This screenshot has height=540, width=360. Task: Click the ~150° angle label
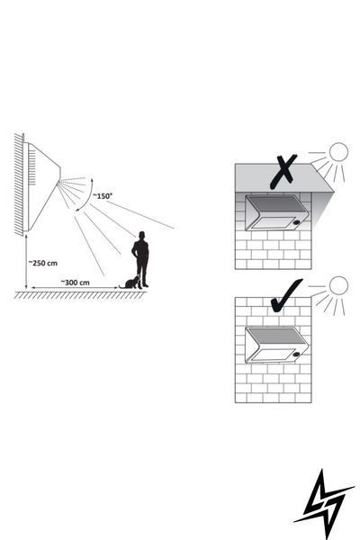[x=103, y=196]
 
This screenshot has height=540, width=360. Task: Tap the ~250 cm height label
[x=43, y=263]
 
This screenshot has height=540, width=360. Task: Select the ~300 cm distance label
[x=75, y=283]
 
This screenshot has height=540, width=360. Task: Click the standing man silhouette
[x=141, y=259]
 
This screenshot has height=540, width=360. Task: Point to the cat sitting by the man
[x=130, y=283]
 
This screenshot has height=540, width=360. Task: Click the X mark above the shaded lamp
[x=283, y=171]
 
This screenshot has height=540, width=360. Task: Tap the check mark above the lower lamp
[x=286, y=296]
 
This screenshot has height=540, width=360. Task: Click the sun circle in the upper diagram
[x=338, y=152]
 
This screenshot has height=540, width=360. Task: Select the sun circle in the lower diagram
[x=338, y=285]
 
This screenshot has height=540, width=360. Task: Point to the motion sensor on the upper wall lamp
[x=297, y=223]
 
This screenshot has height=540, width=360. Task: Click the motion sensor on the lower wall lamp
[x=297, y=354]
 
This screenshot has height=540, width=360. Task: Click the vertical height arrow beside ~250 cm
[x=26, y=262]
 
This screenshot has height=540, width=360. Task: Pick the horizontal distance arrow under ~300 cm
[x=75, y=288]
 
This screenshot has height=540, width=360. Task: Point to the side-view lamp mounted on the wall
[x=41, y=187]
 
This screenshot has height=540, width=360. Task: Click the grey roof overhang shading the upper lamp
[x=283, y=178]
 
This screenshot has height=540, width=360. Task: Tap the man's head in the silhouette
[x=141, y=235]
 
